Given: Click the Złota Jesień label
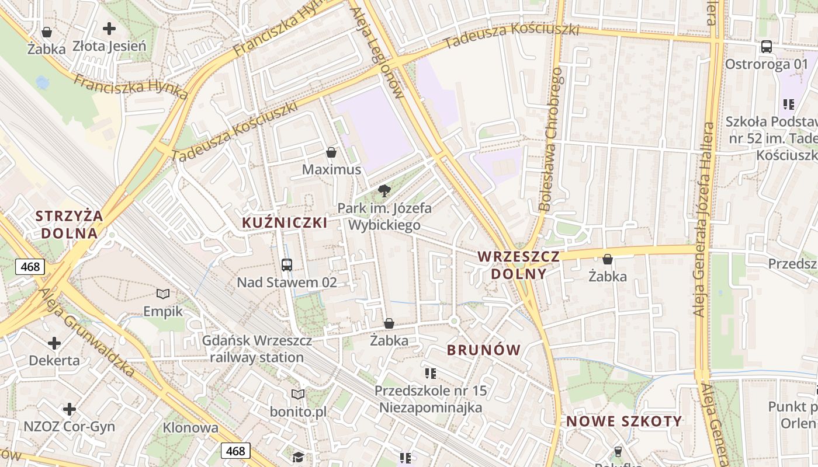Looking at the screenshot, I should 109,46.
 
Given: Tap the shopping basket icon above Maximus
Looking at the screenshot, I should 331,152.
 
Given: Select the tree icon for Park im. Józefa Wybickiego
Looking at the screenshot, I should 384,190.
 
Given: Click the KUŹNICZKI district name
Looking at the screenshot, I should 285,222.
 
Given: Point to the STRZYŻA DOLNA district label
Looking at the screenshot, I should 69,224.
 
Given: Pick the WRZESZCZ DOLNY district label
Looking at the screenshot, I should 519,264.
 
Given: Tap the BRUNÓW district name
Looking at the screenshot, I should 483,350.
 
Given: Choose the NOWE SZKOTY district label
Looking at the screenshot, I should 624,421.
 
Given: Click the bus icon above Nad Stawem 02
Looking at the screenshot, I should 287,264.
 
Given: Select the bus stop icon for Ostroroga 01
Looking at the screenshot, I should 766,47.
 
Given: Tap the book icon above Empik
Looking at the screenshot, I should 164,294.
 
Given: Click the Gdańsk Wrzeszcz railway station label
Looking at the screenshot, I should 257,349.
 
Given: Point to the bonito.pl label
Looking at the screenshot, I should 298,412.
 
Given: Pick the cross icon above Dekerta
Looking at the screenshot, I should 54,343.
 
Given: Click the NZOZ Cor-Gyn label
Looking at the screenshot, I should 69,426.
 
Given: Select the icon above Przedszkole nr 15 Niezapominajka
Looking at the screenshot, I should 431,373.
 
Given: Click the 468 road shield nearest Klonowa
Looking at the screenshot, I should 236,451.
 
